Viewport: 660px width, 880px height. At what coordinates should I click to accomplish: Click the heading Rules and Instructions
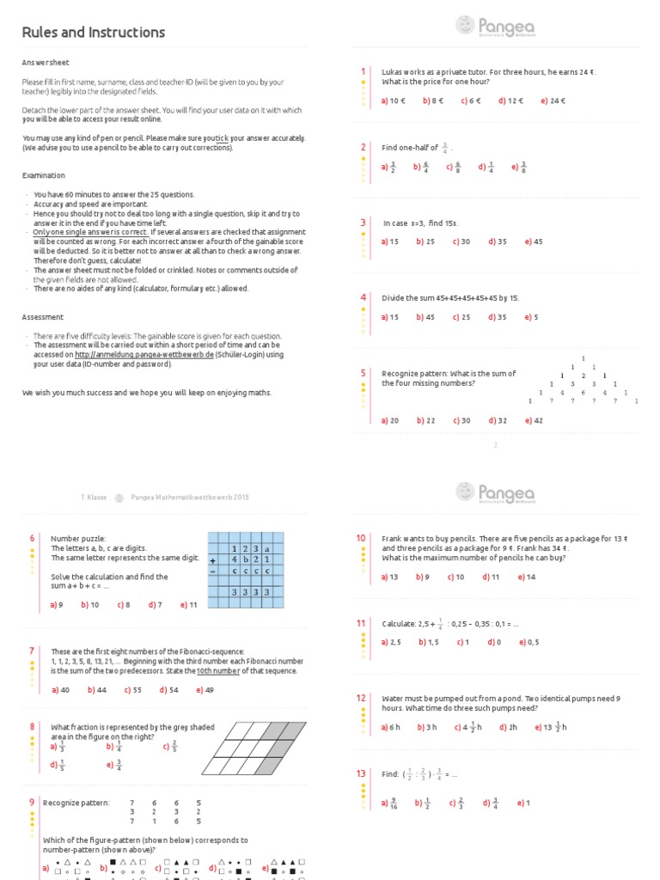93,33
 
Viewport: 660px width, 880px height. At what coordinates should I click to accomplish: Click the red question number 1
363,71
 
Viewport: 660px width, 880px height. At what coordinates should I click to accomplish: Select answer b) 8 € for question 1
433,101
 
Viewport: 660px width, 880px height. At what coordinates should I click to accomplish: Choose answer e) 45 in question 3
532,241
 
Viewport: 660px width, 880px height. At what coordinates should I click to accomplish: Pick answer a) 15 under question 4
390,317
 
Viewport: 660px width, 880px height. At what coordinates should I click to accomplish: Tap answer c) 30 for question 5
461,420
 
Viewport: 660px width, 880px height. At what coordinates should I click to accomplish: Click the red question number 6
32,538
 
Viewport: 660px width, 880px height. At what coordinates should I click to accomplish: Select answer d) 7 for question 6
155,604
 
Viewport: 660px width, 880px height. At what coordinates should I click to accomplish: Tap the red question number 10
361,538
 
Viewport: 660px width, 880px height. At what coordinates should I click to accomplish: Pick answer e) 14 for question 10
527,577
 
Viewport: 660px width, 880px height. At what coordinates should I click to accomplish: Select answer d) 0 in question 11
493,642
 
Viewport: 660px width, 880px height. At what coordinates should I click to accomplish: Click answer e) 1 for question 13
523,803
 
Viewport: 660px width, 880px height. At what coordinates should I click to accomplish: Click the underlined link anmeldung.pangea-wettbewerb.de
144,354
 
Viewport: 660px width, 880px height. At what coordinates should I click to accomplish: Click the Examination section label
44,175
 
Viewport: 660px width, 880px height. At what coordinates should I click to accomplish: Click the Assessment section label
41,317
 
